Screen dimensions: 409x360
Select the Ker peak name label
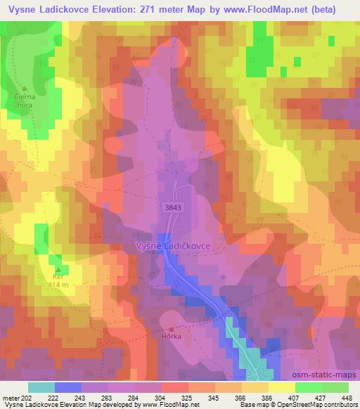(59, 277)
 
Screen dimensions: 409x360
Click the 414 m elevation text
(58, 285)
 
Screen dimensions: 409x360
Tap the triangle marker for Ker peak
(59, 268)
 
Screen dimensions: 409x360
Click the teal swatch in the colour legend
(41, 387)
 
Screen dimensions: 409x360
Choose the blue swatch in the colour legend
(67, 387)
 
